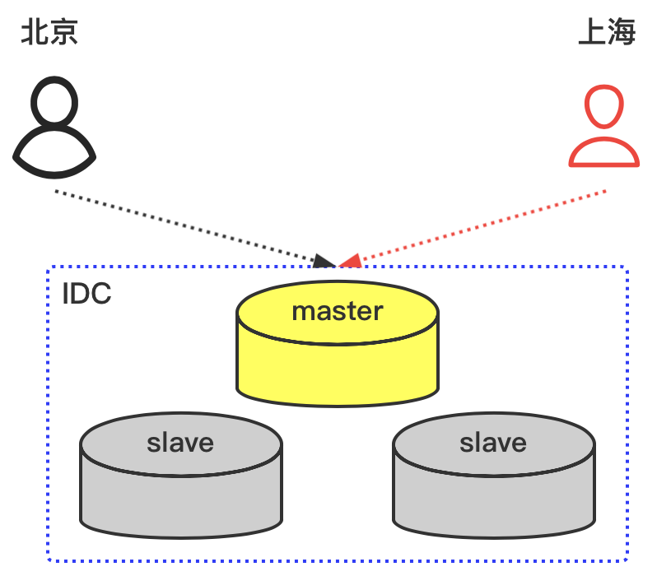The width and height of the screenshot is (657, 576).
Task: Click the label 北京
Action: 49,33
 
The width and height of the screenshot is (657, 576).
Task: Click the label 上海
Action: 607,33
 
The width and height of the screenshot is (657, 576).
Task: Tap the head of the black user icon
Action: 54,103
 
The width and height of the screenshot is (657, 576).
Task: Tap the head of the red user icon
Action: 604,107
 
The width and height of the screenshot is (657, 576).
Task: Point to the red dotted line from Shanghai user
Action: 486,226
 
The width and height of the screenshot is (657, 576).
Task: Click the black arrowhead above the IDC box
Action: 324,262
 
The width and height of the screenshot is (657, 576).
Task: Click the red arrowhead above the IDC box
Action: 351,261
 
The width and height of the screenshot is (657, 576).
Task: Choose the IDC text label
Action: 86,294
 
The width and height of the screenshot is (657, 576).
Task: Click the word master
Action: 338,311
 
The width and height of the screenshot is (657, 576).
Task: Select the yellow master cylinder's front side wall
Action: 338,370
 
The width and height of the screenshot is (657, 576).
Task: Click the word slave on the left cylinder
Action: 180,443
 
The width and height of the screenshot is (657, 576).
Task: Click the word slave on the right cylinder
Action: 493,443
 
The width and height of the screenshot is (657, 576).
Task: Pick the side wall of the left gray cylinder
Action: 180,502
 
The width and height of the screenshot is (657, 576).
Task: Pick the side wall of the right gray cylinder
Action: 493,502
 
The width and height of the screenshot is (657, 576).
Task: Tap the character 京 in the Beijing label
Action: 63,33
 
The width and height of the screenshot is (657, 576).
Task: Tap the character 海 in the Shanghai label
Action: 622,33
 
